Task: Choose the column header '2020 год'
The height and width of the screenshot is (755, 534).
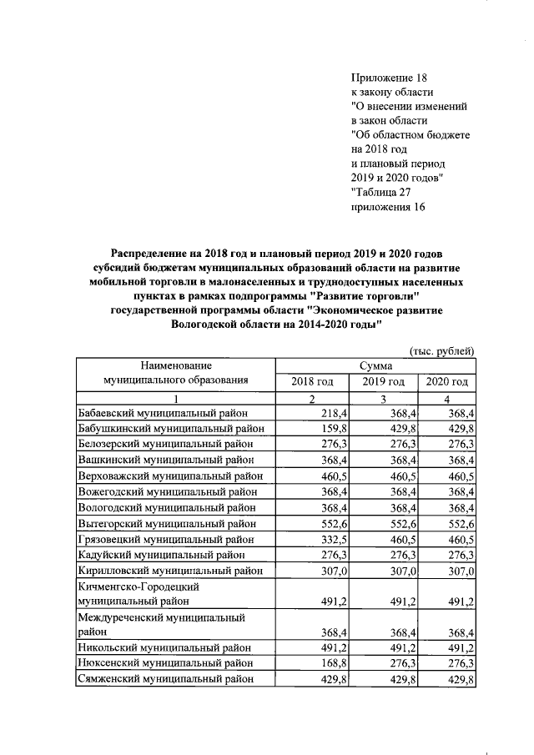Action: click(447, 381)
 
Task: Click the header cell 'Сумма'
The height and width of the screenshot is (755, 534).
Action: click(376, 365)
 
